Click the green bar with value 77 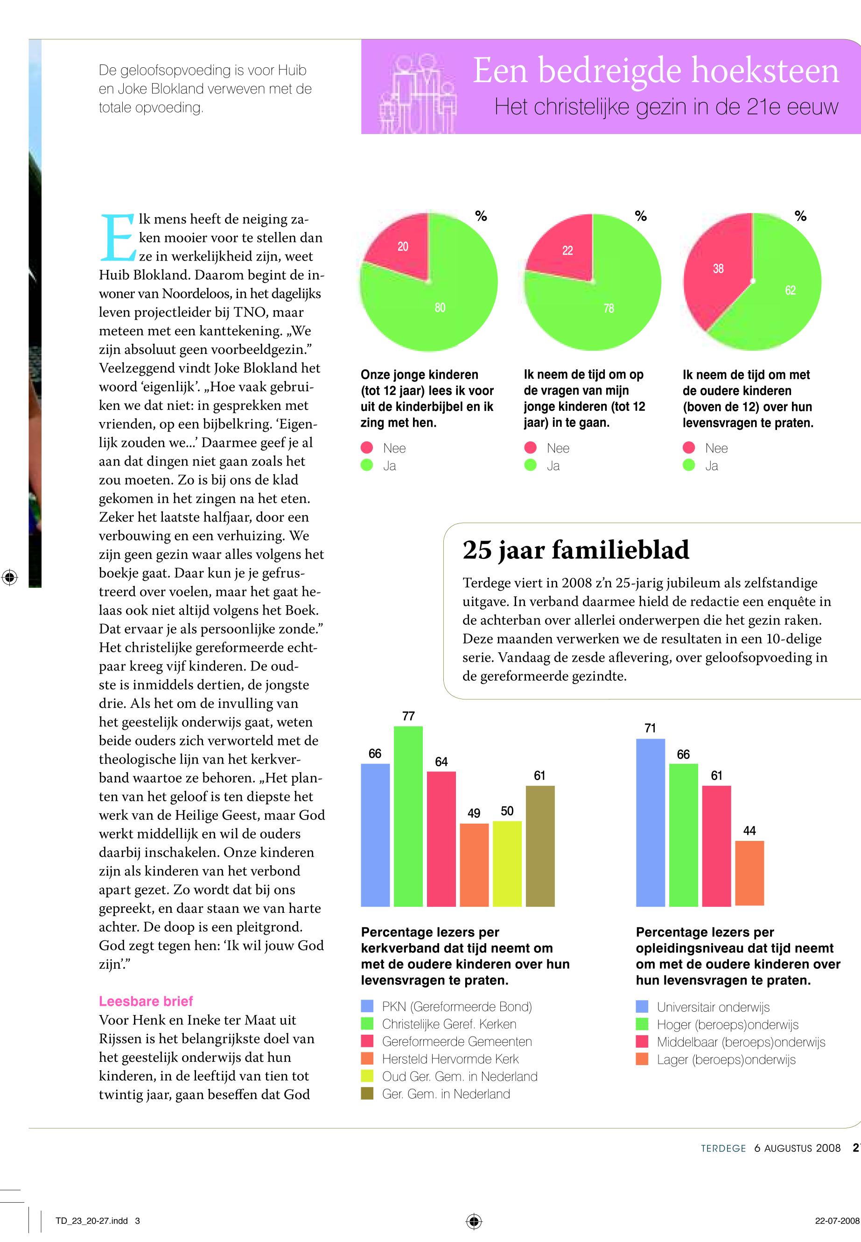408,815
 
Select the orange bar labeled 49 474,864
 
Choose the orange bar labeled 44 749,872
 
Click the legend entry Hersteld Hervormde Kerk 450,1059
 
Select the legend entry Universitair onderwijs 713,1007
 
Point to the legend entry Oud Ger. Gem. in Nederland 459,1076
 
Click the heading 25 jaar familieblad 575,550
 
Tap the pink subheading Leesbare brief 146,1001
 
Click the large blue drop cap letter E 117,238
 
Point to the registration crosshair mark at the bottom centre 474,1221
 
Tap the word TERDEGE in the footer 723,1148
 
